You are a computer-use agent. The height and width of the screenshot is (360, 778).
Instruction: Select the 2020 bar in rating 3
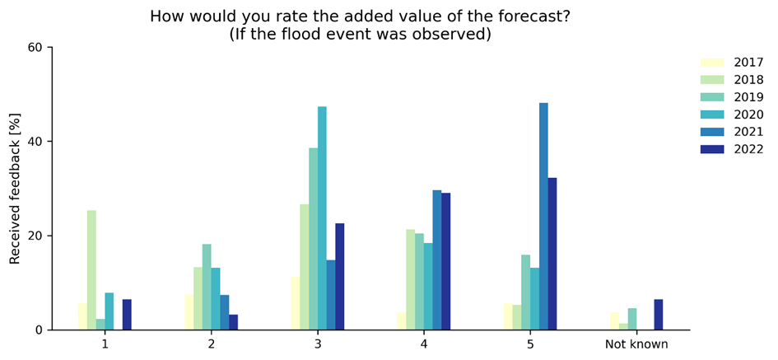[322, 218]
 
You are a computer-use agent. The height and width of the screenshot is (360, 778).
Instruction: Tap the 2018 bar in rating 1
[91, 270]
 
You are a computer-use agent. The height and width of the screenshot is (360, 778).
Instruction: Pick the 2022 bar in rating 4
[445, 261]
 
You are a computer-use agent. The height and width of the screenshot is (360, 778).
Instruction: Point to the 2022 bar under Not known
[658, 315]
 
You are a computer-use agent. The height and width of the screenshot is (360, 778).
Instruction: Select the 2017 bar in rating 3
[296, 303]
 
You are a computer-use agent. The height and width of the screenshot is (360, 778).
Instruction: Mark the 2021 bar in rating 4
[437, 260]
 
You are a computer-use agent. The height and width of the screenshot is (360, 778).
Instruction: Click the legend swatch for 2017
[711, 63]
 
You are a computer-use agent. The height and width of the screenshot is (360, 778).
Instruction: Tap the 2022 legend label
[749, 149]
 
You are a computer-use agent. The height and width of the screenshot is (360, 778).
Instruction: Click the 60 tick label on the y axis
[35, 47]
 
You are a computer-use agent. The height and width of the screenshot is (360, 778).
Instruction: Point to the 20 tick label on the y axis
[35, 236]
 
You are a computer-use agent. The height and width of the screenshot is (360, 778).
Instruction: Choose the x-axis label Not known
[636, 344]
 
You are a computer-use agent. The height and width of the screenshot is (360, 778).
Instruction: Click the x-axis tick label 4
[423, 344]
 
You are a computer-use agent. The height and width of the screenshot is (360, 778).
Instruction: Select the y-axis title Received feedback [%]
[15, 188]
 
